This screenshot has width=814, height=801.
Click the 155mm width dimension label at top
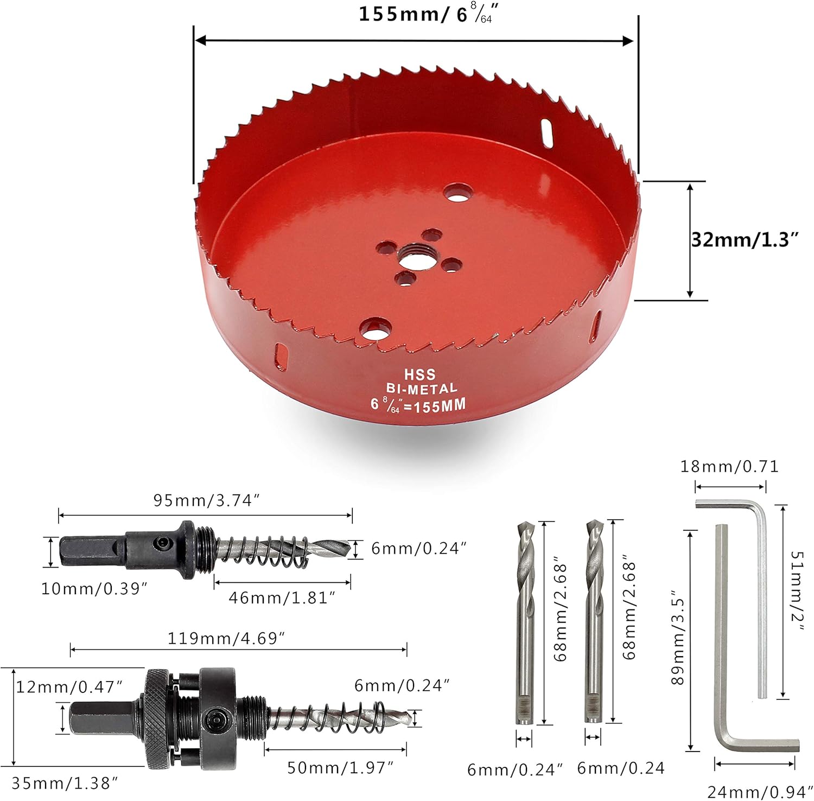pyautogui.click(x=427, y=14)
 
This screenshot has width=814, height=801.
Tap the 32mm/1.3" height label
pyautogui.click(x=745, y=240)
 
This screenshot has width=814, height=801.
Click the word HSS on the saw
pyautogui.click(x=419, y=374)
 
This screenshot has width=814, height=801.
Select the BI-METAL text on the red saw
pyautogui.click(x=421, y=389)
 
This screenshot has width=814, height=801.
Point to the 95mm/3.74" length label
pyautogui.click(x=207, y=500)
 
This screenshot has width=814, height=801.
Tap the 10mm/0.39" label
pyautogui.click(x=94, y=589)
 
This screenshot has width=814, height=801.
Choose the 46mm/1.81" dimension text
pyautogui.click(x=282, y=598)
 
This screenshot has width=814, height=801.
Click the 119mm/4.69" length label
pyautogui.click(x=226, y=638)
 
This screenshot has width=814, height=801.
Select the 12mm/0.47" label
pyautogui.click(x=69, y=687)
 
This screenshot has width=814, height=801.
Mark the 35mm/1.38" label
pyautogui.click(x=65, y=783)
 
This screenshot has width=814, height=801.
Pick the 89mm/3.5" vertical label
pyautogui.click(x=678, y=638)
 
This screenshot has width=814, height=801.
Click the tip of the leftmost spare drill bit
pyautogui.click(x=523, y=527)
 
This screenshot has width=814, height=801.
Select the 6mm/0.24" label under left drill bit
pyautogui.click(x=514, y=770)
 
